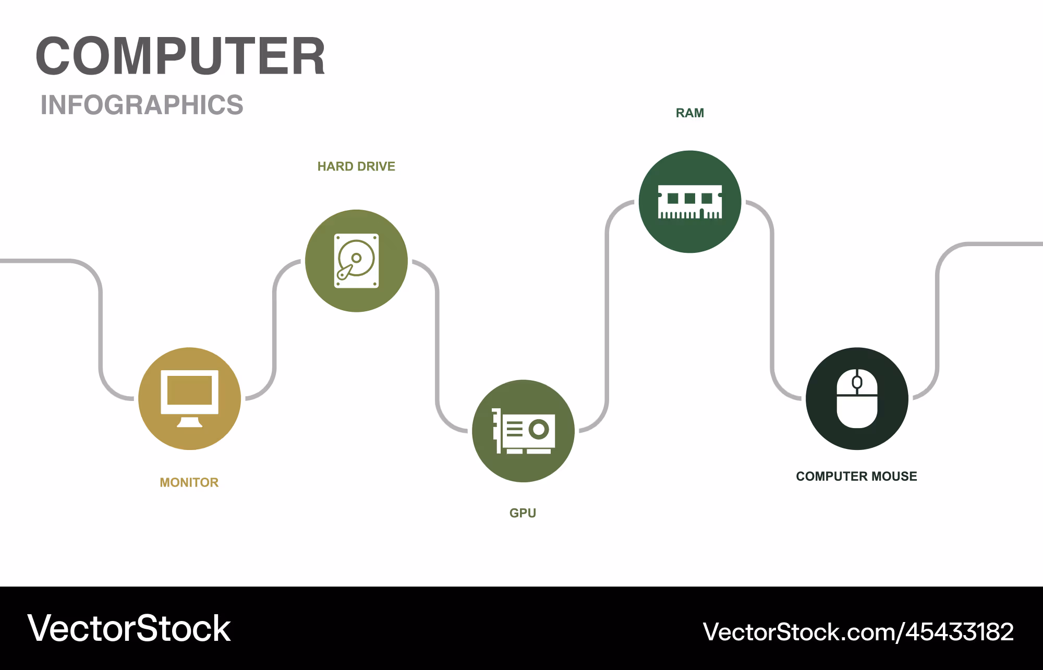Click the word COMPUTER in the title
[x=180, y=56]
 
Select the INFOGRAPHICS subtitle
[x=142, y=105]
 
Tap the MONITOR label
[x=189, y=482]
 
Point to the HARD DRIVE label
[x=356, y=166]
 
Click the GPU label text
[x=523, y=513]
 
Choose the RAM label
[x=690, y=113]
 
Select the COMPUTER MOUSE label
[x=856, y=476]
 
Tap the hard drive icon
[x=357, y=261]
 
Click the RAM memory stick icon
[x=690, y=202]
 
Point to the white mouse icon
[x=857, y=398]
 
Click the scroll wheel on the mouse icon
[x=857, y=383]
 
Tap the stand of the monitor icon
[x=189, y=421]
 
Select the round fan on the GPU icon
[x=539, y=430]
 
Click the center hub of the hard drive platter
[x=357, y=258]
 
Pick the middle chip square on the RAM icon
[x=690, y=198]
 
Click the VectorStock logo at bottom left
[x=129, y=628]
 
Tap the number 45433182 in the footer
[x=960, y=632]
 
